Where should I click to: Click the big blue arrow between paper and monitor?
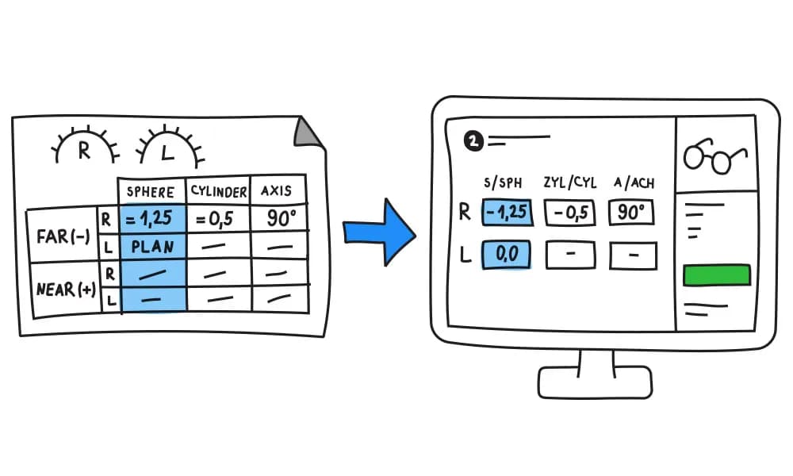tap(379, 231)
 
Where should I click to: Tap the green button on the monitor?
tap(716, 274)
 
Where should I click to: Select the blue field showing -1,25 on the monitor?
tap(507, 213)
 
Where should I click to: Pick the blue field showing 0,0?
tap(506, 255)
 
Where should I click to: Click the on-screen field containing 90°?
tap(632, 213)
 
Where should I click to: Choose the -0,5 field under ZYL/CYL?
tap(570, 213)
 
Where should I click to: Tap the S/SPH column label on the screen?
tap(504, 182)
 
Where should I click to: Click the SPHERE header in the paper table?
tap(151, 192)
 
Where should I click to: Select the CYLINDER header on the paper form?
tap(218, 191)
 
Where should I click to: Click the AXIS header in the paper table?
tap(276, 190)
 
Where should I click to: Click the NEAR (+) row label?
tap(66, 289)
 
